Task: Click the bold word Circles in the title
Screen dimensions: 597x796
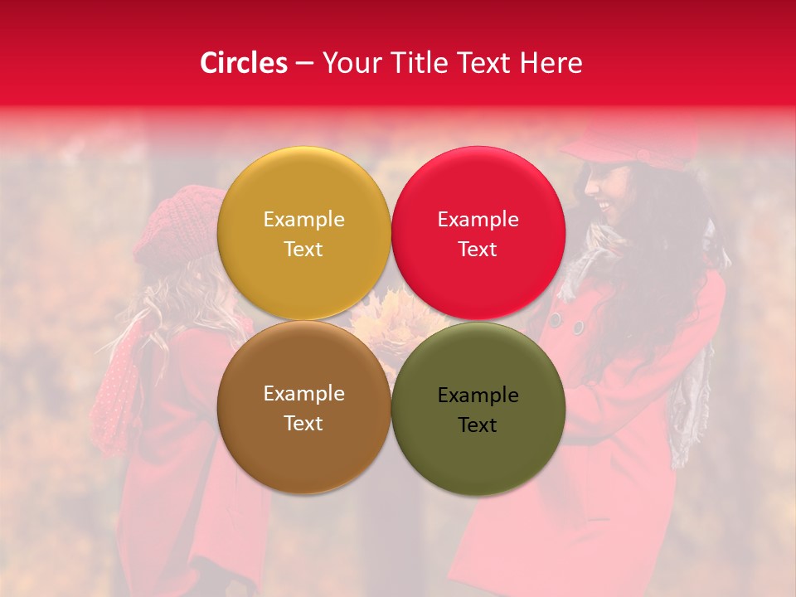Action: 243,63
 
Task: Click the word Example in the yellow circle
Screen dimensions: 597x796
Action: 303,220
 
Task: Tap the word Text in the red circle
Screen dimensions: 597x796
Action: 478,250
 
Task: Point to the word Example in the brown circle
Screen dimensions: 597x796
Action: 303,394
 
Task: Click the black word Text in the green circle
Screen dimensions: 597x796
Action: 478,425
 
